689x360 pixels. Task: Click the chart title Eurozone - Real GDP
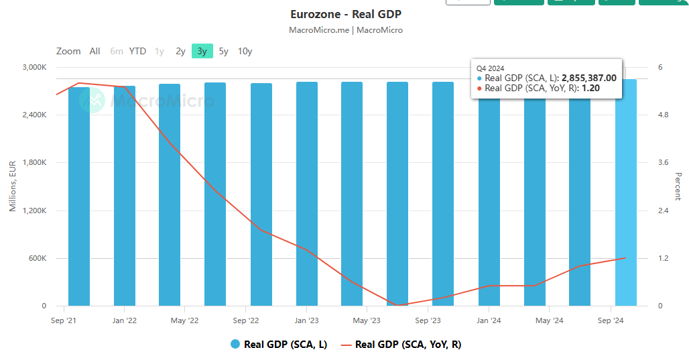(x=345, y=14)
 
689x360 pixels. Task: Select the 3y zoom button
(x=202, y=51)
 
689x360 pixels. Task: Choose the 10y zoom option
(x=245, y=51)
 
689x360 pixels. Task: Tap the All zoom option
(x=95, y=51)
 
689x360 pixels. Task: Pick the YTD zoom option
(x=137, y=51)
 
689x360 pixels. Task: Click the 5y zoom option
(x=223, y=51)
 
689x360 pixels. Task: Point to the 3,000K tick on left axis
(x=34, y=67)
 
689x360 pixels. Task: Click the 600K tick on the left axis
(x=37, y=258)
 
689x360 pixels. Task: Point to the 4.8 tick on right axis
(x=664, y=115)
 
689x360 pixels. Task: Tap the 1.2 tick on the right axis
(x=664, y=258)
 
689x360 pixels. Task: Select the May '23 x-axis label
(x=367, y=320)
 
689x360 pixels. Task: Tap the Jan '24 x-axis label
(x=488, y=320)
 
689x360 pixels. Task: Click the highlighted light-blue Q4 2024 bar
(x=625, y=201)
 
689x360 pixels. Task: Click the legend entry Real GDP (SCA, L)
(x=285, y=345)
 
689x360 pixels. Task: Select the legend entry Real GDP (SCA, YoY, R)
(x=408, y=345)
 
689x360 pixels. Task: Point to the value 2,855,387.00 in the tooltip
(x=588, y=78)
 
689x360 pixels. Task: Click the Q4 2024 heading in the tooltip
(x=490, y=68)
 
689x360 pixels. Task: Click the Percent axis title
(x=678, y=186)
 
